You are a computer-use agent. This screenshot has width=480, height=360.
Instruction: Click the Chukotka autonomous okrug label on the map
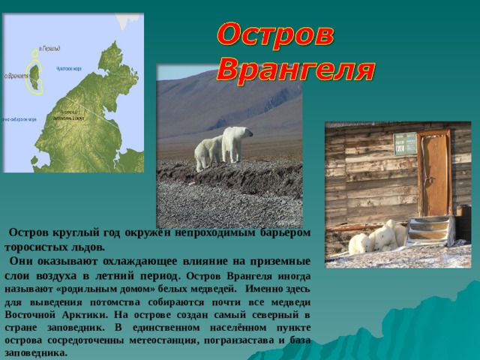click(x=67, y=117)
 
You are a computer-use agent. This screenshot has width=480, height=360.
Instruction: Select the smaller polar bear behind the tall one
click(x=207, y=152)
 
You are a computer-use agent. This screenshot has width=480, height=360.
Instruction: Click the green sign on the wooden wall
click(x=405, y=143)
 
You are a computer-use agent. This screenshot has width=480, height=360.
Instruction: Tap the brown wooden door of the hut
click(x=435, y=172)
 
